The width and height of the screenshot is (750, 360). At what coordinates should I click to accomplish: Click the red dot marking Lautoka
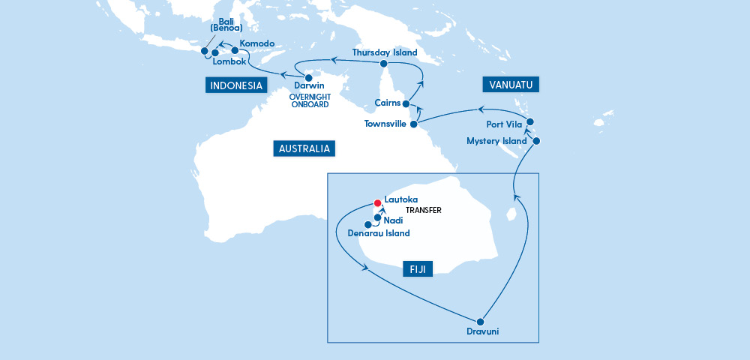pyautogui.click(x=378, y=202)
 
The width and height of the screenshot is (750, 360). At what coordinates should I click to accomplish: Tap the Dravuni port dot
pyautogui.click(x=481, y=319)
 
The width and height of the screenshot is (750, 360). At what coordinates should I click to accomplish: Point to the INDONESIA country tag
pyautogui.click(x=236, y=85)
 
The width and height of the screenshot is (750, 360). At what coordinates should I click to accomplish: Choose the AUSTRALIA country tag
pyautogui.click(x=304, y=148)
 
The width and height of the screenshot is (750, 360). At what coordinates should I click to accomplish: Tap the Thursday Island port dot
pyautogui.click(x=382, y=64)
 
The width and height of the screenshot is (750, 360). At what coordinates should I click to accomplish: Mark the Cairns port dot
pyautogui.click(x=406, y=103)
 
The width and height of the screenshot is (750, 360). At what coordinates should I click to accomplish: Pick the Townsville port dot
pyautogui.click(x=413, y=124)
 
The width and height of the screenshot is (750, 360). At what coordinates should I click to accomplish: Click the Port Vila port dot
pyautogui.click(x=529, y=121)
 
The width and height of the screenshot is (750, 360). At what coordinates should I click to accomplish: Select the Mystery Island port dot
pyautogui.click(x=535, y=140)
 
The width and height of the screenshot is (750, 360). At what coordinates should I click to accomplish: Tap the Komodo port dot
pyautogui.click(x=235, y=50)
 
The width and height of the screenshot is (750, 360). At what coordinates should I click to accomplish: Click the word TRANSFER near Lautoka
pyautogui.click(x=423, y=211)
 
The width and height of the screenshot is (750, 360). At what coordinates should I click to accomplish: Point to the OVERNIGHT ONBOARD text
pyautogui.click(x=309, y=100)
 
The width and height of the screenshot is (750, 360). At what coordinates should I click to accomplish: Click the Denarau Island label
pyautogui.click(x=379, y=233)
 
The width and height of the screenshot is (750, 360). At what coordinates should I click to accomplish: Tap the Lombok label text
pyautogui.click(x=229, y=61)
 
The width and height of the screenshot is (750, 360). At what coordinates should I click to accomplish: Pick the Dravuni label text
pyautogui.click(x=481, y=332)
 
